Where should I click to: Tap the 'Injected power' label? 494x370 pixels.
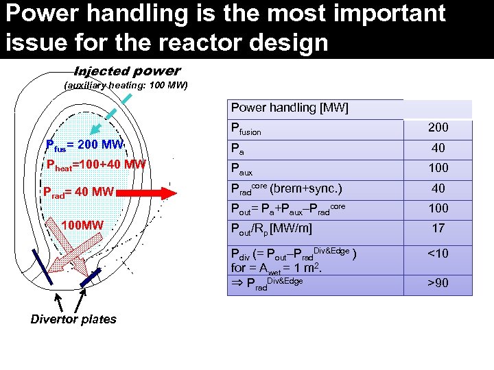(127, 71)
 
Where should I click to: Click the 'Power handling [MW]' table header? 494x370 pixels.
(290, 108)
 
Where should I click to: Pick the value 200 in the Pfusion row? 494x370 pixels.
(438, 127)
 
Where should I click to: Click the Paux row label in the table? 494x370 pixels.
(244, 169)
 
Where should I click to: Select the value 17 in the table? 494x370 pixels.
(438, 228)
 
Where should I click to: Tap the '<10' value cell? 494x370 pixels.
(438, 254)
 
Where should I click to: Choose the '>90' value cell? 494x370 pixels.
(438, 283)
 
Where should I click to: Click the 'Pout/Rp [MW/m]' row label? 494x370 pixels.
(272, 228)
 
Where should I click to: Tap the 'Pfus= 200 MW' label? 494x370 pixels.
(83, 145)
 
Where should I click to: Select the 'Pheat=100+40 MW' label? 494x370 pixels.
(95, 164)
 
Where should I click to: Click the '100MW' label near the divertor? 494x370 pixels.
(82, 225)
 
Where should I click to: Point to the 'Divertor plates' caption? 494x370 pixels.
(73, 319)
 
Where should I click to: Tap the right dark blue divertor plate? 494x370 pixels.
(91, 277)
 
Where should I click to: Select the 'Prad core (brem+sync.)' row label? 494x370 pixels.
(287, 188)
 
